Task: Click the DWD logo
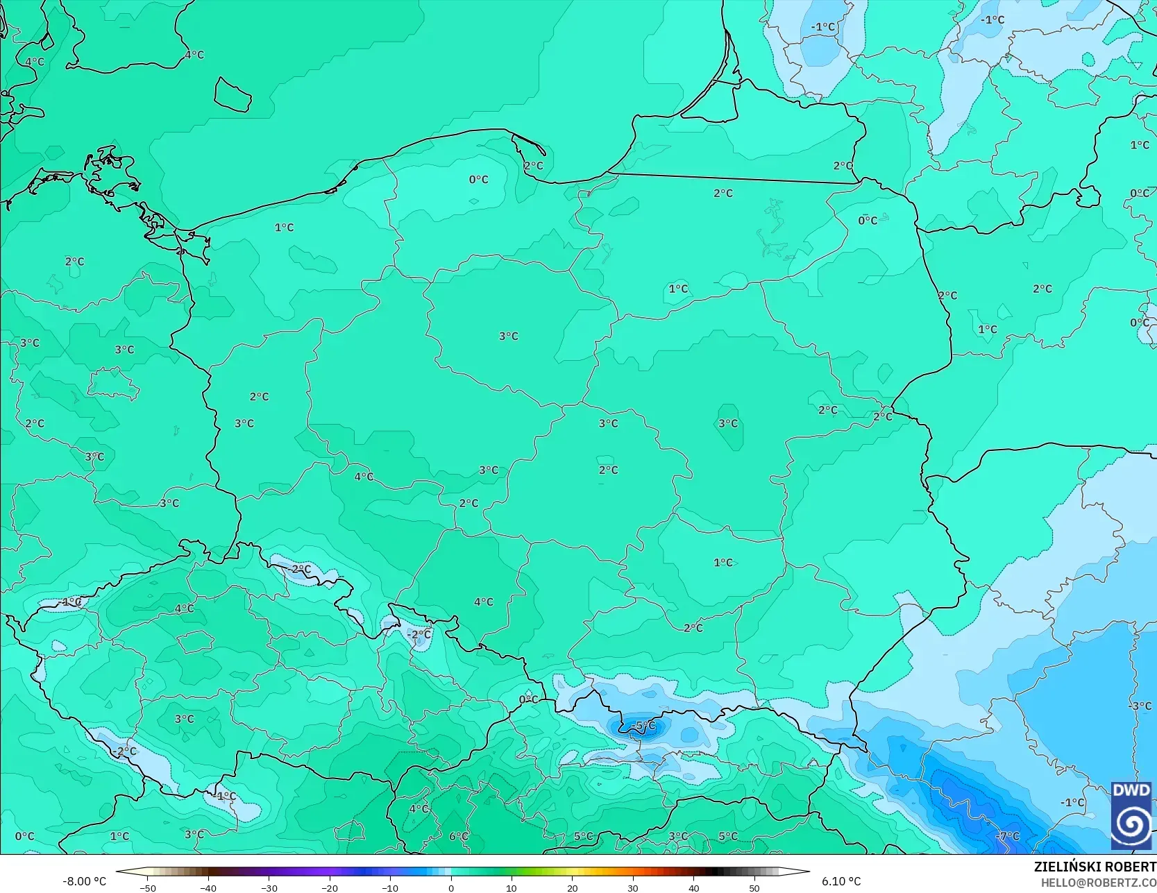pos(1131,816)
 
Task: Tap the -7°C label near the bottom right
pos(1008,836)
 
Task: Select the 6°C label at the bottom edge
pos(459,836)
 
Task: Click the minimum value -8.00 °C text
pos(85,881)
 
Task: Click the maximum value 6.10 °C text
pos(841,881)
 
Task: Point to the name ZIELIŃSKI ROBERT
pos(1095,867)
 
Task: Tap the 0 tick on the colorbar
pos(451,887)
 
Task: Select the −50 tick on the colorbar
pos(147,887)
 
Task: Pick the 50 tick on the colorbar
pos(754,887)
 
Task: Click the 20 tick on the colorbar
pos(573,887)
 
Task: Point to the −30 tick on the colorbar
pos(269,887)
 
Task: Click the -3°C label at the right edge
pos(1140,706)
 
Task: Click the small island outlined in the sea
pos(232,94)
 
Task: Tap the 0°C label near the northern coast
pos(478,180)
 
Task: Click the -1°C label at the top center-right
pos(824,27)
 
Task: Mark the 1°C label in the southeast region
pos(723,562)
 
